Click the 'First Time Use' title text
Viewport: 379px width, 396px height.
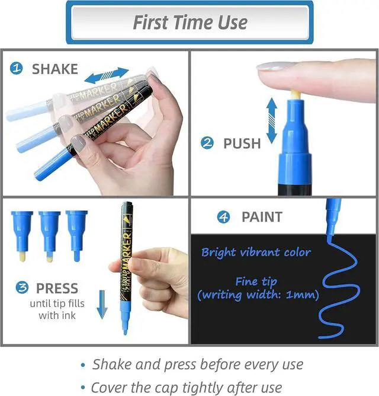(x=190, y=23)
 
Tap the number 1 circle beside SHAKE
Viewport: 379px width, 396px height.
(x=17, y=68)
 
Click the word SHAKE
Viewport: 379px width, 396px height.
(x=55, y=69)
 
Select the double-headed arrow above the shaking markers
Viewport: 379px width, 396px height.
(x=107, y=75)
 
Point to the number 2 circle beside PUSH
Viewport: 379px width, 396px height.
(x=207, y=143)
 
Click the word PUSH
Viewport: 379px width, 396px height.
(x=242, y=143)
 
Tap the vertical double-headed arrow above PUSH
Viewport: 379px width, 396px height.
(x=272, y=121)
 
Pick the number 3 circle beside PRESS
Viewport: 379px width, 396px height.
(x=22, y=288)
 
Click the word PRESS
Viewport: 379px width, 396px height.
(x=57, y=288)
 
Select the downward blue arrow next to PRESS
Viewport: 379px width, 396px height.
(x=102, y=304)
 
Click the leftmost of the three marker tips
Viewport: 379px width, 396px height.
(x=22, y=236)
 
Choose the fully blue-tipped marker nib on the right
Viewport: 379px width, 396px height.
(x=77, y=236)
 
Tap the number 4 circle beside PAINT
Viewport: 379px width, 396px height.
(x=224, y=217)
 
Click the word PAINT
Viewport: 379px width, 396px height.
(x=262, y=217)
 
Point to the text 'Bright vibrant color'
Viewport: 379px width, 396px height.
(x=256, y=253)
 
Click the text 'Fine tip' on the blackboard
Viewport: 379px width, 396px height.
(x=256, y=282)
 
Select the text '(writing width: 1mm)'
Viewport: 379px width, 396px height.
(x=258, y=295)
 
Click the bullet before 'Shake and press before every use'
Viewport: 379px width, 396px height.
(x=83, y=365)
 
